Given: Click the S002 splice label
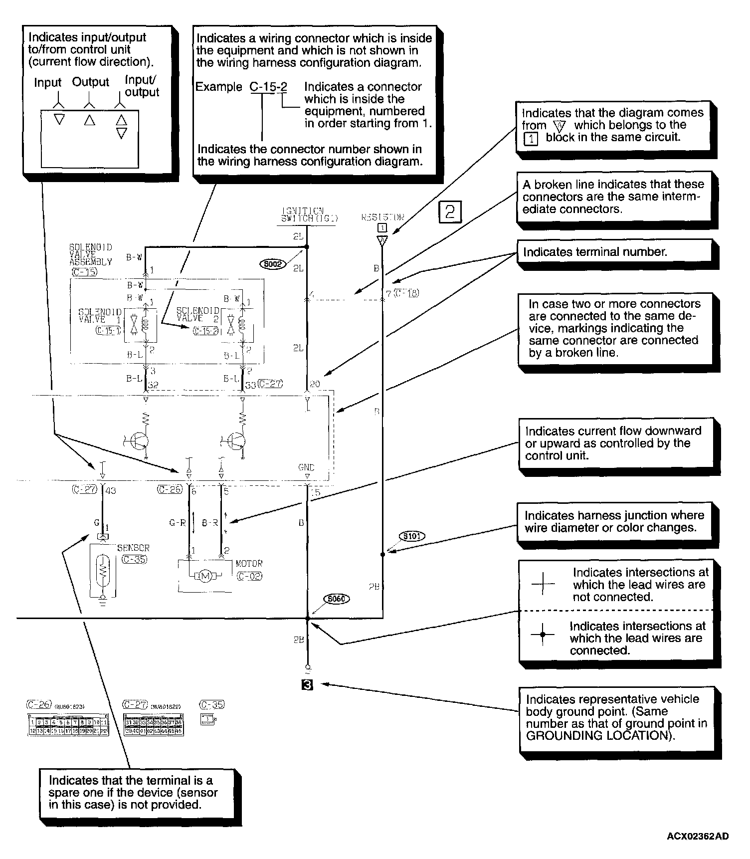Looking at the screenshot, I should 273,264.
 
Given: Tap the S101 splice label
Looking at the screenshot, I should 412,536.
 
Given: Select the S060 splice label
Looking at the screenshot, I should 337,599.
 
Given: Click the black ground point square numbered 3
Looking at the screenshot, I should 308,685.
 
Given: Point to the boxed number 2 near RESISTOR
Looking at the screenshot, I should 449,212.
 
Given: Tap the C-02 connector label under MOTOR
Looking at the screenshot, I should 249,576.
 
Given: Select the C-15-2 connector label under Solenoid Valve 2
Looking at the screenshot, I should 205,330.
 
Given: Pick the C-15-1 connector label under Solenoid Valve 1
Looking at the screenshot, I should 108,330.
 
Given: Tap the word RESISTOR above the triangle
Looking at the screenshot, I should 382,217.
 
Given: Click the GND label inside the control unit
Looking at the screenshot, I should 306,467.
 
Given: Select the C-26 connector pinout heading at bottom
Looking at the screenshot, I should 38,704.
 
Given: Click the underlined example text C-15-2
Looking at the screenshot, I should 268,87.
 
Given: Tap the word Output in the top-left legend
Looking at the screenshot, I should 90,82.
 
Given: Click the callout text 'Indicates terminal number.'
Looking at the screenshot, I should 594,252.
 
